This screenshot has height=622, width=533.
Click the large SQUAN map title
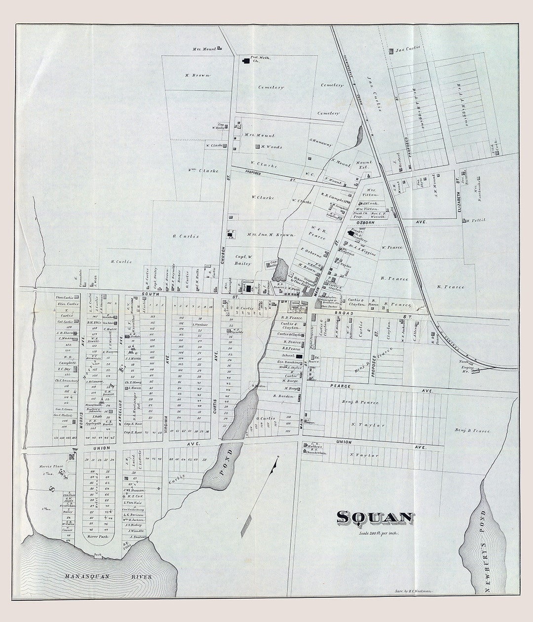(375, 518)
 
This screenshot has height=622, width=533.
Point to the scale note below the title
(379, 533)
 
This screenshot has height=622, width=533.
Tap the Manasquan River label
(109, 576)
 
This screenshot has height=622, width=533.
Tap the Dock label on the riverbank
(98, 555)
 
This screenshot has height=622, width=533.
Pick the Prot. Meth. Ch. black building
(245, 61)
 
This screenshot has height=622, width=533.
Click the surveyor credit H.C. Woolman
(414, 590)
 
